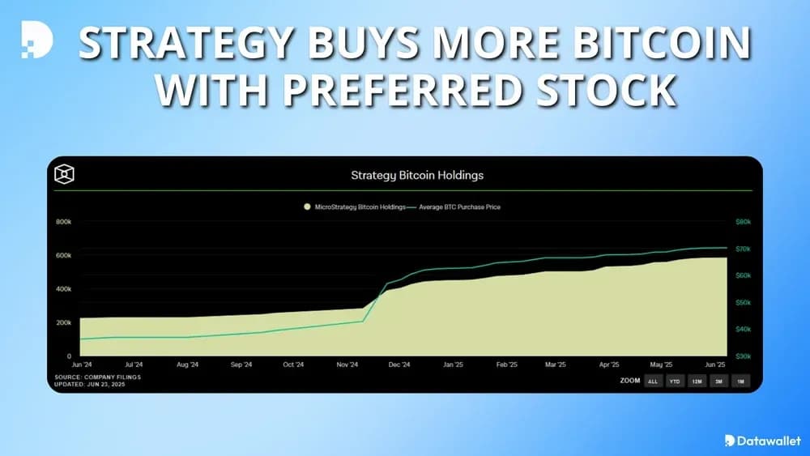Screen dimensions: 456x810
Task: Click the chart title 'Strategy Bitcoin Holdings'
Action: point(416,174)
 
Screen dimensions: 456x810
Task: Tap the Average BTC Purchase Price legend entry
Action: point(459,207)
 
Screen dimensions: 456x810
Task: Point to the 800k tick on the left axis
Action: point(63,221)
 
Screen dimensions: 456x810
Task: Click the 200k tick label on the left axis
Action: point(63,322)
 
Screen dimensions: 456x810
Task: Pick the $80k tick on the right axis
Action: point(743,221)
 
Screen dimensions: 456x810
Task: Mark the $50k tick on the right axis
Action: point(743,302)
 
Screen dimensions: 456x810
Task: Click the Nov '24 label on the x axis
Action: point(347,365)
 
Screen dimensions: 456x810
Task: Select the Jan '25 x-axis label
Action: point(452,365)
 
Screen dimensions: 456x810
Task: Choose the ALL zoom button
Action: point(653,381)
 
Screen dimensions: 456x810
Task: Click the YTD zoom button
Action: point(675,381)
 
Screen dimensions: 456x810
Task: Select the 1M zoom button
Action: point(739,381)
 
